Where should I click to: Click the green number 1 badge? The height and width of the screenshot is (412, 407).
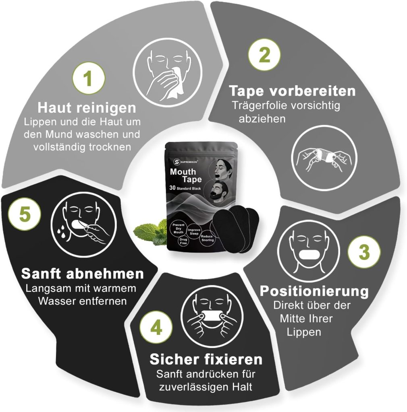(89, 78)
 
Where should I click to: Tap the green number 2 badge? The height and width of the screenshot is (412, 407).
(264, 54)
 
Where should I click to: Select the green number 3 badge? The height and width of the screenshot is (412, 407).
(364, 252)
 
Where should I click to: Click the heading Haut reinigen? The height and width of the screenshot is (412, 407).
(87, 108)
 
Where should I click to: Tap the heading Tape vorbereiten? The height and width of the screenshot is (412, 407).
(292, 91)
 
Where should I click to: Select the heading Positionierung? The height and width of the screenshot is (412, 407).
(314, 291)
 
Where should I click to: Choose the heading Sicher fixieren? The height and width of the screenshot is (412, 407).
(206, 359)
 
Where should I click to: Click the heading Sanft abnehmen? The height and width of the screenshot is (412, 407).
(83, 274)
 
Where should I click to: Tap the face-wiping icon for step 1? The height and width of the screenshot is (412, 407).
(167, 72)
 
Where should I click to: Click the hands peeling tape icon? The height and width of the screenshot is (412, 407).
(324, 158)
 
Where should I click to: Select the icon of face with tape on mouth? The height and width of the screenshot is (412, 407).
(309, 251)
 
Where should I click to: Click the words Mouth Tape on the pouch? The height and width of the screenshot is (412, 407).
(186, 175)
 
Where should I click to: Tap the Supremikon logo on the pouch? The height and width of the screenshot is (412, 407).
(186, 162)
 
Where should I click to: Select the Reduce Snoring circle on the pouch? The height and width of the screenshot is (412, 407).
(207, 238)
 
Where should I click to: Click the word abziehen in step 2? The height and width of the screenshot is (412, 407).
(262, 119)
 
